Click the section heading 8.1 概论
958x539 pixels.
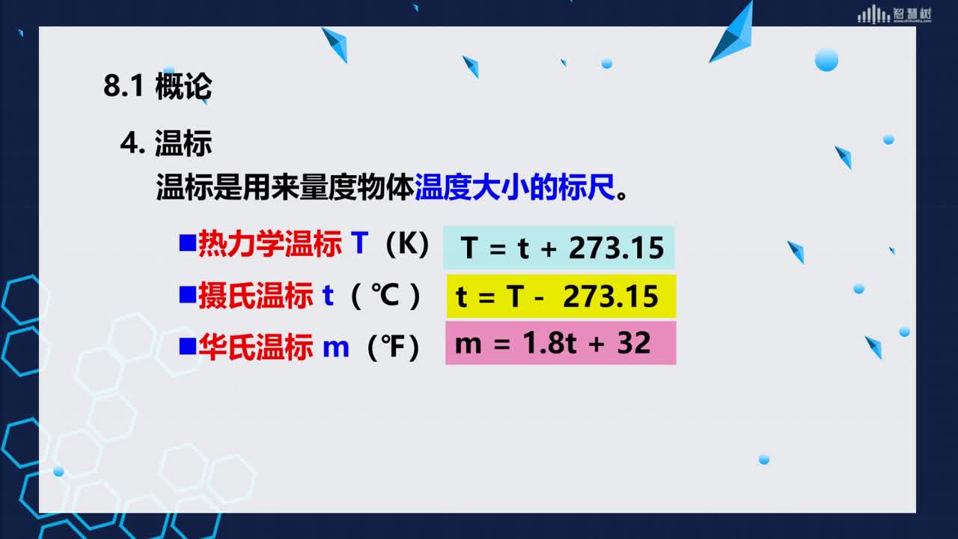click(158, 86)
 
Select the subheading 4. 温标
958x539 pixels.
click(166, 143)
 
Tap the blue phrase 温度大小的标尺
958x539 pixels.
click(515, 187)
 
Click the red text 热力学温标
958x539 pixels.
click(270, 243)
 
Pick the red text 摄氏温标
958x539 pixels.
click(256, 296)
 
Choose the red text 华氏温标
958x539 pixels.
click(256, 347)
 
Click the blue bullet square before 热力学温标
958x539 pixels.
click(188, 243)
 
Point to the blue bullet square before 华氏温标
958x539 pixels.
click(188, 346)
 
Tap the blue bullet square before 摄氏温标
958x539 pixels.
click(188, 295)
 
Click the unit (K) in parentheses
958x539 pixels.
click(407, 244)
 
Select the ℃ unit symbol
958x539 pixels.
click(385, 295)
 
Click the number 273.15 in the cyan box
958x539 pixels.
click(616, 248)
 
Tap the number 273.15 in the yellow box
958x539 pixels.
click(611, 296)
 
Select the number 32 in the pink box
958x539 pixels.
click(634, 343)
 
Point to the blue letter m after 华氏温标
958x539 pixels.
click(336, 348)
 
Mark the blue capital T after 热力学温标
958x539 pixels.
click(360, 243)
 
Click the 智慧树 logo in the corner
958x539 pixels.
click(894, 14)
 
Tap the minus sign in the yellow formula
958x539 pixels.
click(540, 297)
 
